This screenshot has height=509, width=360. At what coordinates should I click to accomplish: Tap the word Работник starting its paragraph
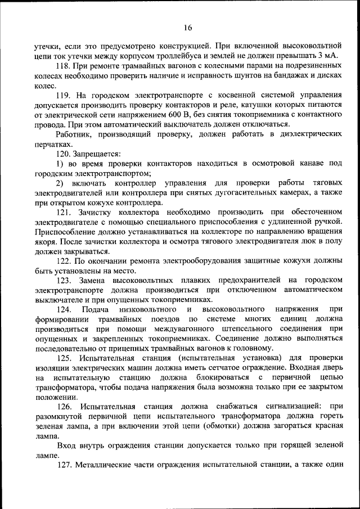74,134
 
